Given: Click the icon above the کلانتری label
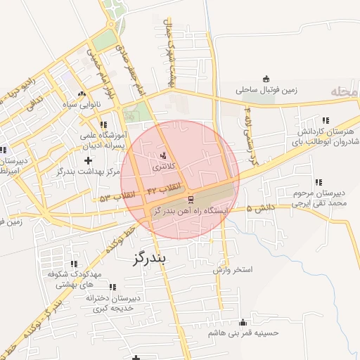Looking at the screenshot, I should point(165,155).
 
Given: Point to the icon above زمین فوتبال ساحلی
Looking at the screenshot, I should point(265,78).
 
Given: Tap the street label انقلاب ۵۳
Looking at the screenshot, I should point(115,197).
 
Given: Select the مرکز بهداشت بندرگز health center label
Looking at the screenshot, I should point(87,172).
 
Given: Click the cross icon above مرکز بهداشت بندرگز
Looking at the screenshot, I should point(87,162).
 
